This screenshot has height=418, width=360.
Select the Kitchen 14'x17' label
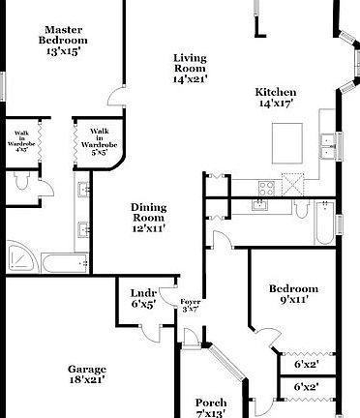274,97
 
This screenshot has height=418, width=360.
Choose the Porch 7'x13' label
211,407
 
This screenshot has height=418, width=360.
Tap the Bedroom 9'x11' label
294,294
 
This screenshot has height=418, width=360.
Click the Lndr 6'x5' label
143,298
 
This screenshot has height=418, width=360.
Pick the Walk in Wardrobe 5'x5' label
99,141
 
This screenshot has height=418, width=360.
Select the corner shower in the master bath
20,257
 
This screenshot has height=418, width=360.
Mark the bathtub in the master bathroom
64,261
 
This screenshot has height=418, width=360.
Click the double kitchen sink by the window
261,204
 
